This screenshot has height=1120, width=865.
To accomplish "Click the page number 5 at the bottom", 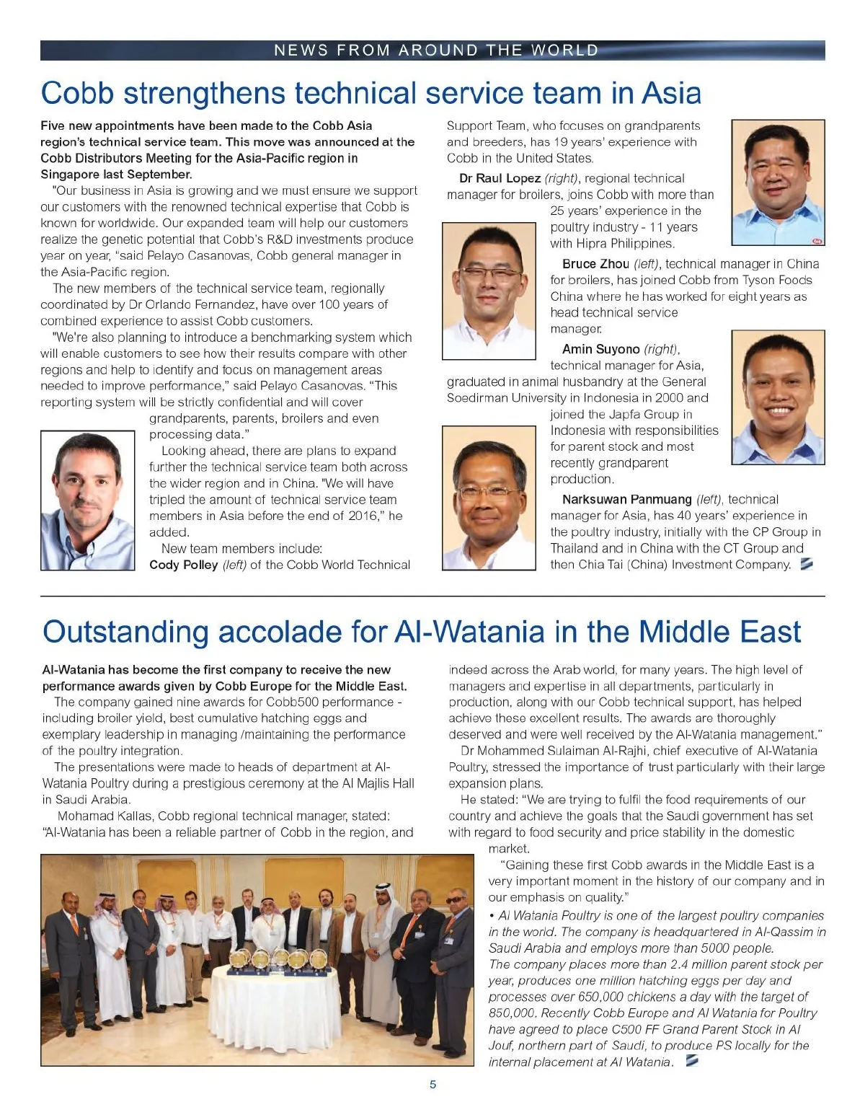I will tap(432, 1085).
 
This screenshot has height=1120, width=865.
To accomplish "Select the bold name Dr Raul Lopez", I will tap(500, 178).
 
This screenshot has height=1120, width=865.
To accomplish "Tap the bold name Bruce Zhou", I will tap(595, 264).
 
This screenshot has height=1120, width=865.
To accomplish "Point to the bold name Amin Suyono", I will tap(600, 349).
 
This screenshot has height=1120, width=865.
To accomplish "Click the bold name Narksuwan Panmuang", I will tap(627, 499).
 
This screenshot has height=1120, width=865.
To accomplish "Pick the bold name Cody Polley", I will tap(183, 565).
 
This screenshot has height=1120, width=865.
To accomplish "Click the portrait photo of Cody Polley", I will tap(88, 500).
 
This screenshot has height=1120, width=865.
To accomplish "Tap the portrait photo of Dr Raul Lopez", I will tap(778, 182).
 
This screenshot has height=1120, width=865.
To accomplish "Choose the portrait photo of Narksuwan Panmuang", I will tap(489, 498).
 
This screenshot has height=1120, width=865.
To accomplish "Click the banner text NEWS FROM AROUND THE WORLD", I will tap(436, 50).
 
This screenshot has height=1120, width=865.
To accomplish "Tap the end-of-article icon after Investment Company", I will tap(807, 564).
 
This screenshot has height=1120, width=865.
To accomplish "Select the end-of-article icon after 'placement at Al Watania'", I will tap(692, 1061).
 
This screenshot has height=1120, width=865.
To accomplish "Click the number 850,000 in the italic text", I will tap(513, 1013).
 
